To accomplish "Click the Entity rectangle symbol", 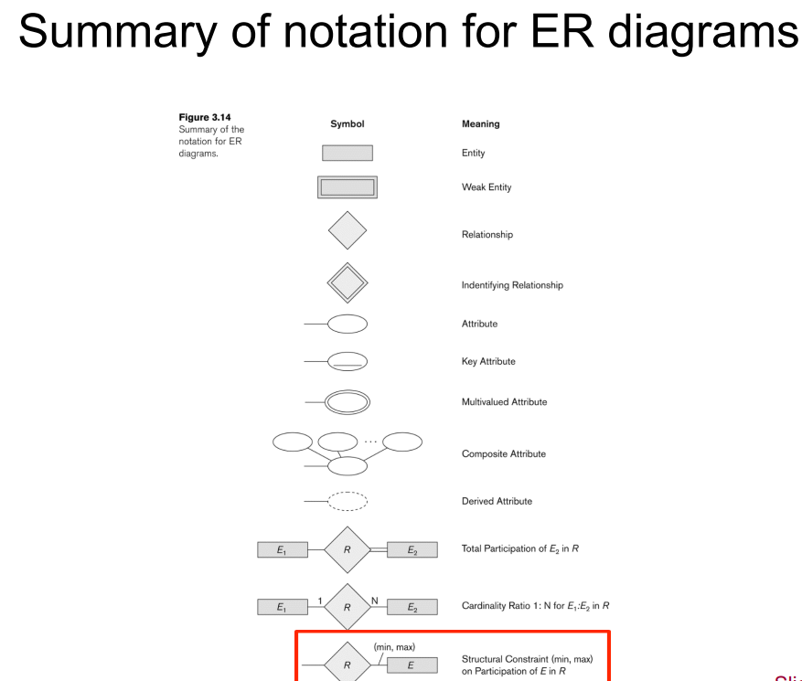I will click(347, 153).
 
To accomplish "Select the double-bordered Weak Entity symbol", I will click(347, 187).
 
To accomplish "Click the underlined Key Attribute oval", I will click(348, 361).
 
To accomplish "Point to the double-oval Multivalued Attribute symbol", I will click(348, 401).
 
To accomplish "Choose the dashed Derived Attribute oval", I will click(348, 501).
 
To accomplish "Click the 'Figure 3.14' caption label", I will click(204, 117).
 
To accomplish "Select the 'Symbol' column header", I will click(347, 124).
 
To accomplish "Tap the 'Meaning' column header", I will click(480, 124).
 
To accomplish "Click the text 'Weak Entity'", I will click(487, 187).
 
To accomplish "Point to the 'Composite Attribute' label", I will click(503, 453).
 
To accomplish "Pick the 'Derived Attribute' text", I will click(497, 501).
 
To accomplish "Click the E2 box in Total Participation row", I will click(412, 549).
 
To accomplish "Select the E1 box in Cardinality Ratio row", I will click(282, 607).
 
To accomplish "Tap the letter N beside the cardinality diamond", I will click(375, 600).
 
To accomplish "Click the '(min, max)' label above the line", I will click(394, 647).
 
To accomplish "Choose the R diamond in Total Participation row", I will click(347, 549).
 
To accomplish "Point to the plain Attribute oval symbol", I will click(348, 324).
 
